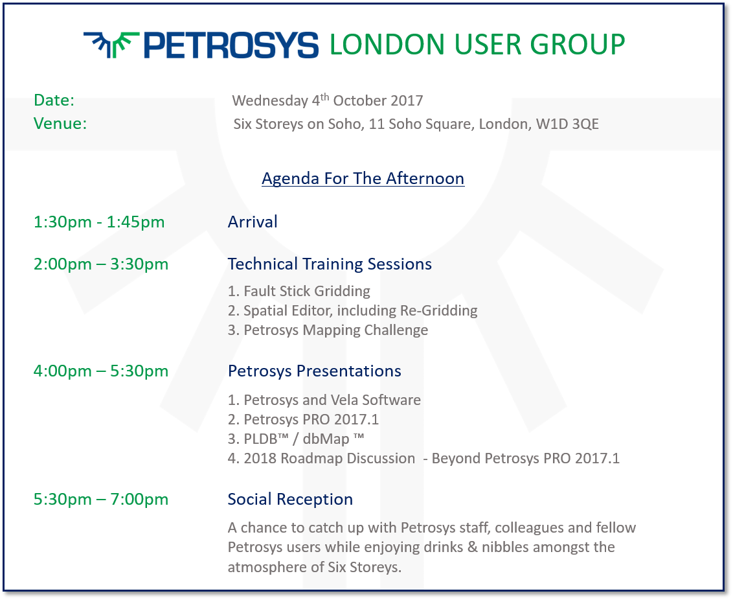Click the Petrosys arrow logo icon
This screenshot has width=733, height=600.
click(x=111, y=45)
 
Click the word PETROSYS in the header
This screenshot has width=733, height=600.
click(x=231, y=45)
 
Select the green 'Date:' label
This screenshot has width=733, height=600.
click(x=54, y=100)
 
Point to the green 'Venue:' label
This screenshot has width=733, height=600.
click(x=60, y=124)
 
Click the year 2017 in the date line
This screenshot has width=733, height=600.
click(x=407, y=100)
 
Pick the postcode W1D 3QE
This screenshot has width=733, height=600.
click(x=567, y=124)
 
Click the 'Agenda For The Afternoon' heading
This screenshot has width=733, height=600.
click(x=363, y=179)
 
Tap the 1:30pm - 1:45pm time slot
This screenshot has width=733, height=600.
click(x=99, y=222)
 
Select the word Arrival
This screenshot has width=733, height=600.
click(x=253, y=222)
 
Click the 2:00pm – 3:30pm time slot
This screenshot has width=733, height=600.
click(x=101, y=264)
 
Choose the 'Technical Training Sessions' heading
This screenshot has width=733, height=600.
click(x=330, y=264)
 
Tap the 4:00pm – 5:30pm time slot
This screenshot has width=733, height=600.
click(x=101, y=371)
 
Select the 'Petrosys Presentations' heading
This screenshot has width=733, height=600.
click(x=315, y=371)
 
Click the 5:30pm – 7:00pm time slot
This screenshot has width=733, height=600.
click(x=101, y=500)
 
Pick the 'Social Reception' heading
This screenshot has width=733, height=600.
click(x=290, y=500)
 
